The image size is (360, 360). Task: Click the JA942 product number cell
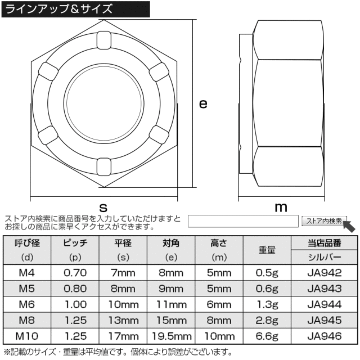pos(325,273)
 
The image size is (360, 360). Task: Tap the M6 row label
pos(26,305)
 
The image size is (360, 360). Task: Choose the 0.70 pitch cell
pos(75,273)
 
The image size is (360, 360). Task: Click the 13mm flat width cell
pos(123,321)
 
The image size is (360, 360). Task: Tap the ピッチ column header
pos(75,243)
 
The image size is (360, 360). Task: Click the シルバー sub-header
pos(325,258)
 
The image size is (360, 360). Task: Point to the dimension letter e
pos(203,103)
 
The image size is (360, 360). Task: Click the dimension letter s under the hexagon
pos(103,206)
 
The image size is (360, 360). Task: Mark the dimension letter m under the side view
pos(281,207)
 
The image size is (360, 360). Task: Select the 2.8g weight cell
pos(267,321)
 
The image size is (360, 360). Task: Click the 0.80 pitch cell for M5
pos(75,289)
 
